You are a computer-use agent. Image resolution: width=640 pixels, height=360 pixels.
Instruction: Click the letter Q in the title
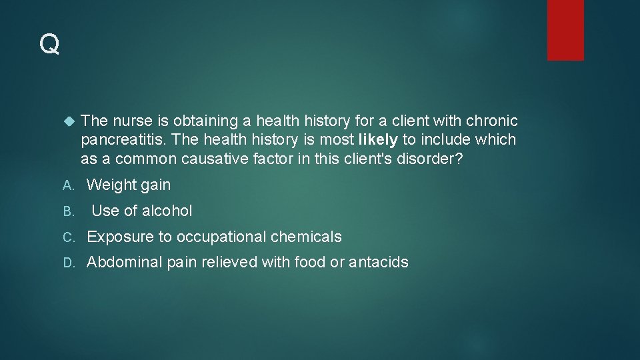(x=49, y=45)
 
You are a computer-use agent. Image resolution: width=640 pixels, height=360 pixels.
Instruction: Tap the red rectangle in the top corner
(x=565, y=30)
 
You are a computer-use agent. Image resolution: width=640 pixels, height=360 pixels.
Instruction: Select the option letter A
(x=67, y=185)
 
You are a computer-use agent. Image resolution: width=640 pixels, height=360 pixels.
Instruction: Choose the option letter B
(x=67, y=211)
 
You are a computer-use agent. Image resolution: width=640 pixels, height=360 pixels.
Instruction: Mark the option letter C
(x=67, y=237)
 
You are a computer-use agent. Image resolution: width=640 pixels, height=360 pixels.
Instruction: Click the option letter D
(x=67, y=263)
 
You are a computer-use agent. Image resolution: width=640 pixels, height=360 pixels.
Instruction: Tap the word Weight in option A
(x=111, y=185)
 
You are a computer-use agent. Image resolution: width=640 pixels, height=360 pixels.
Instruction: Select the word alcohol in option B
(x=167, y=211)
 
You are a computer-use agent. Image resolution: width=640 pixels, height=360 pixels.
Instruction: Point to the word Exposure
(x=117, y=237)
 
